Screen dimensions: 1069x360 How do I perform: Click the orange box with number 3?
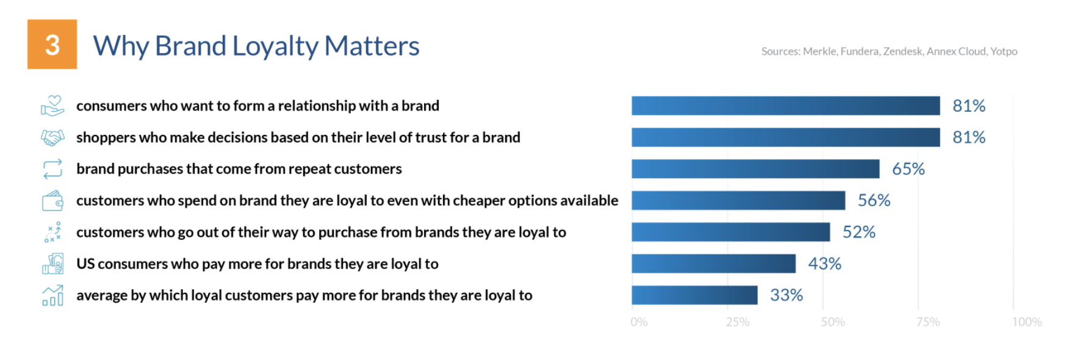pos(52,44)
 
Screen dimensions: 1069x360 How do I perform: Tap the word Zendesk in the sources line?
pos(902,51)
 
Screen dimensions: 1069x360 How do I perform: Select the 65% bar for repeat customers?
pos(755,169)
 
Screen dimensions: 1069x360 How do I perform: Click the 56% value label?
pos(874,200)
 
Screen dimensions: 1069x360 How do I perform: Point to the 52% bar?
pos(731,232)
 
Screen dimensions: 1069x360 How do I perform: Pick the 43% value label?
pos(824,264)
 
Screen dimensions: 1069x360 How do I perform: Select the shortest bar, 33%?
pos(694,295)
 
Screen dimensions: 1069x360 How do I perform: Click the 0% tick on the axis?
pos(639,322)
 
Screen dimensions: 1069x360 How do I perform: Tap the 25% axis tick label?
pos(738,322)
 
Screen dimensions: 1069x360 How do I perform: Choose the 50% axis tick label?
pos(833,322)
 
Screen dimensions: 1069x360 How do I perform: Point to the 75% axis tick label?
pos(928,322)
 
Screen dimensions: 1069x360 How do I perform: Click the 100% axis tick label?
pos(1027,322)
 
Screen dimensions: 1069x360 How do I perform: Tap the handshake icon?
pos(52,138)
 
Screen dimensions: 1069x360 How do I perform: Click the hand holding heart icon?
pos(52,106)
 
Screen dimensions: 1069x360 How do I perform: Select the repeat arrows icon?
pos(52,169)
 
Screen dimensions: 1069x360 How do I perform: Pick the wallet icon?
pos(52,201)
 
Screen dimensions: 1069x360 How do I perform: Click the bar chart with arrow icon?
pos(52,295)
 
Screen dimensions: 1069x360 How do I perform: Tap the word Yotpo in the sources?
pos(1004,51)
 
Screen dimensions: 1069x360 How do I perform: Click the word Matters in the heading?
pos(372,46)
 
